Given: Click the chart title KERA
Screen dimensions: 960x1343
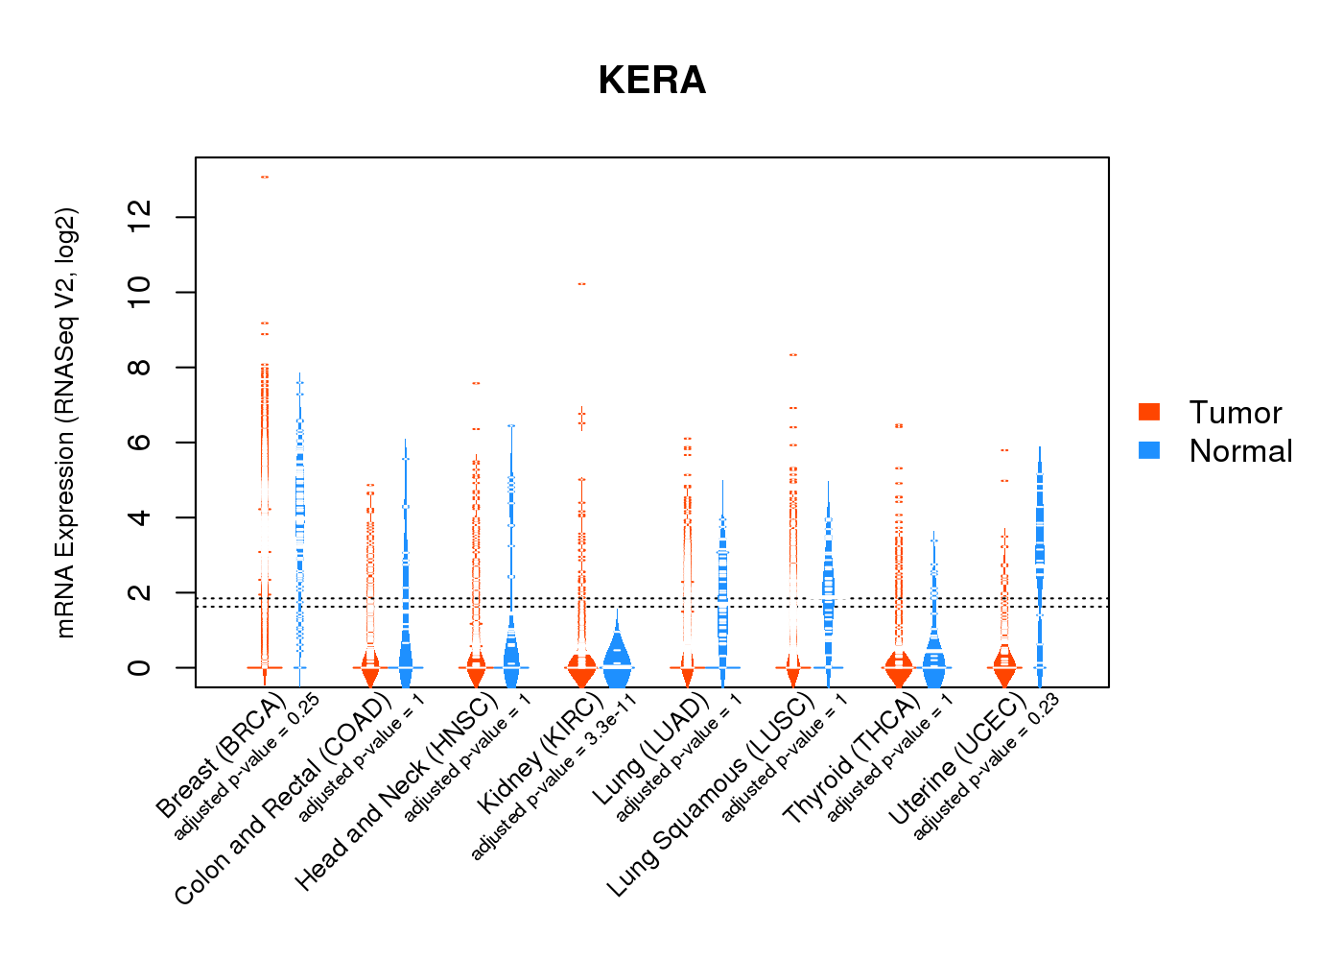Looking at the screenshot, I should pos(651,81).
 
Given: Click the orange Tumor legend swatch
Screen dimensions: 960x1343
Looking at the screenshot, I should pos(1148,412).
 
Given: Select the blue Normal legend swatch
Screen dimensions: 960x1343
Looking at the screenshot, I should pos(1148,450).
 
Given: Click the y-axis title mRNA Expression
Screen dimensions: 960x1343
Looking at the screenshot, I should pos(65,422).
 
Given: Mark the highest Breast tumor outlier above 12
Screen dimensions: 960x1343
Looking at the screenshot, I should pos(264,177).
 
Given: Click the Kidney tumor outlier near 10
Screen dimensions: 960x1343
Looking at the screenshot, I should pos(581,284).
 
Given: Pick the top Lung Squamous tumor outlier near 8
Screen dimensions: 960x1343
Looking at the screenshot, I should pos(793,355).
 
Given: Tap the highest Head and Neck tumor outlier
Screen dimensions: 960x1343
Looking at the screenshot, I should pos(476,383).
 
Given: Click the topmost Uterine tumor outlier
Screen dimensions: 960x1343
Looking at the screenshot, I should pos(1004,449).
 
